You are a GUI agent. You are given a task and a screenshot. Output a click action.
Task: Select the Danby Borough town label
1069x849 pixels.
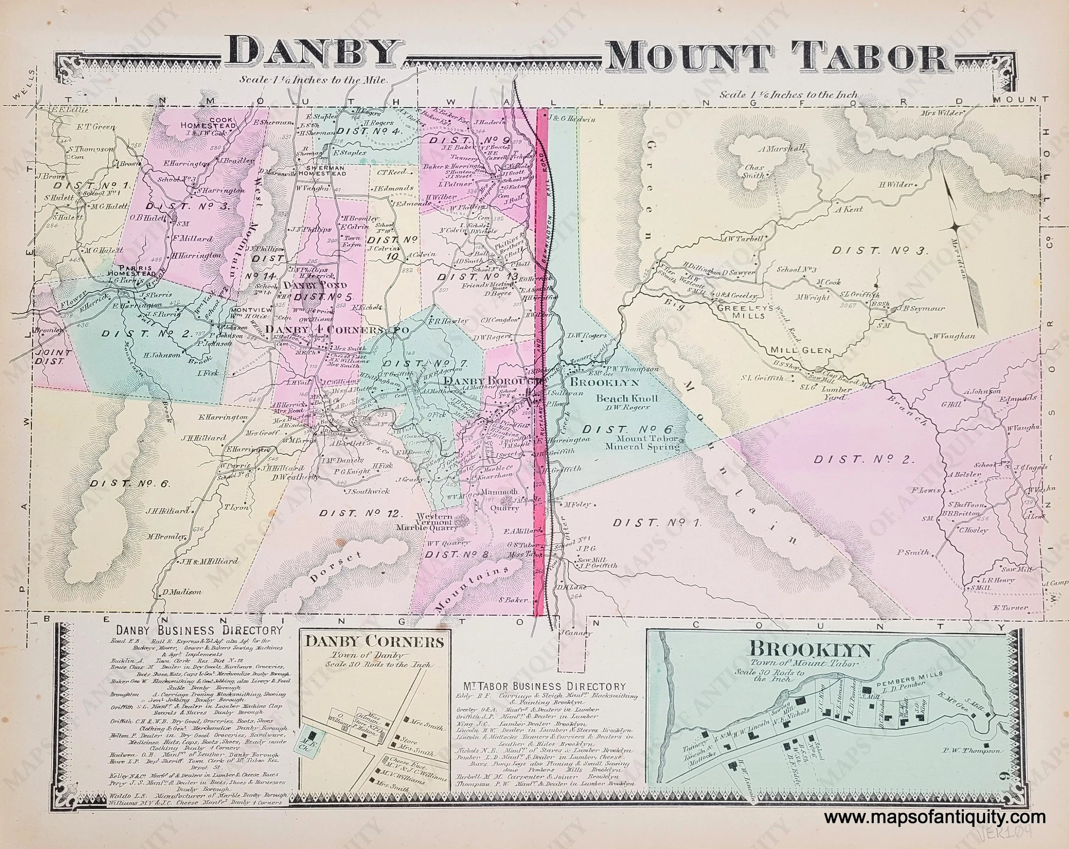(x=493, y=381)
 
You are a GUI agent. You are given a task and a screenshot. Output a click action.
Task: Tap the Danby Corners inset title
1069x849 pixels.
(x=375, y=642)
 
